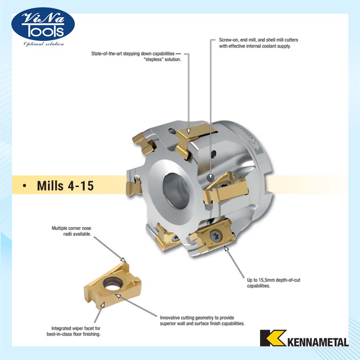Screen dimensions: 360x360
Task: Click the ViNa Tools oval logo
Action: click(x=43, y=24)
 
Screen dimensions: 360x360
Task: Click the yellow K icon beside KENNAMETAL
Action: click(x=273, y=338)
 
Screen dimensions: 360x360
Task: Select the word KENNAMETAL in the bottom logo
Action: click(x=318, y=342)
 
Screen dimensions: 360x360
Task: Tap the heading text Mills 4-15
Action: click(x=65, y=186)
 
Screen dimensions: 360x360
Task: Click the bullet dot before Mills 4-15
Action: click(x=24, y=186)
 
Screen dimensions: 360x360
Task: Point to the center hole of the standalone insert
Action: click(x=111, y=284)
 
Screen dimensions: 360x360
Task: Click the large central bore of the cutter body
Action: click(x=176, y=188)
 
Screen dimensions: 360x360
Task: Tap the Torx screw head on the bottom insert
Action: click(x=216, y=236)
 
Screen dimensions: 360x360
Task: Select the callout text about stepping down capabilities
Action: click(x=136, y=56)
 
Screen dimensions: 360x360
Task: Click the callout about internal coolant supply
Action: click(x=258, y=43)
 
